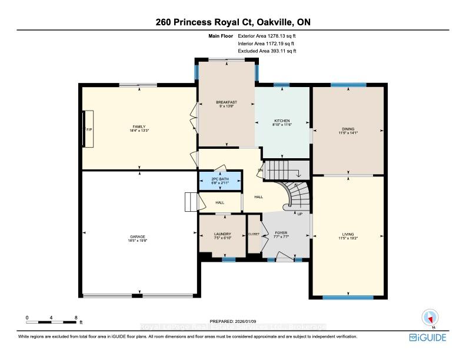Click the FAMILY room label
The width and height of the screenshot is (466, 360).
pos(139,126)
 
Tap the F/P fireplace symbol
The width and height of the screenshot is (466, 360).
pos(88,129)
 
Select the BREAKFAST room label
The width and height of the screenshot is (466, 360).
pos(226,102)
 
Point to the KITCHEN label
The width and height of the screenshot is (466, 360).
pos(282,121)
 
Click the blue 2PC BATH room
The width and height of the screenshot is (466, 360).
pos(219,181)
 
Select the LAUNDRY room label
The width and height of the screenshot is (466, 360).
pos(222,234)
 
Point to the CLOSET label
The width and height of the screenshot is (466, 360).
pos(254,234)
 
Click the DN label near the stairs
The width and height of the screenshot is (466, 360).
pos(259,171)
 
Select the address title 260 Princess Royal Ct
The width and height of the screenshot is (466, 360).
pos(233,22)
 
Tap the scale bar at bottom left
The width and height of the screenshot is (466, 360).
pos(52,321)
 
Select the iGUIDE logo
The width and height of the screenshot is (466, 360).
pos(427,338)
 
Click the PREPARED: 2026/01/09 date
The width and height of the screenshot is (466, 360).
pos(233,321)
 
